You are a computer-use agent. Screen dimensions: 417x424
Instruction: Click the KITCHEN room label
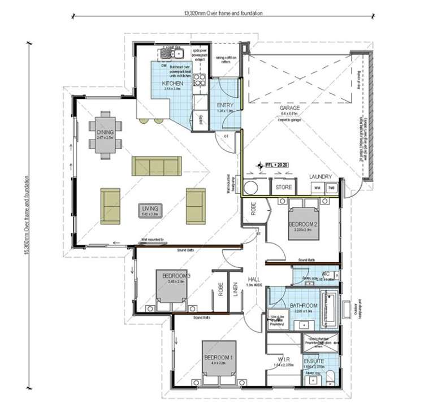click(172, 84)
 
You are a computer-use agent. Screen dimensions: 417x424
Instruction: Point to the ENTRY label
click(225, 105)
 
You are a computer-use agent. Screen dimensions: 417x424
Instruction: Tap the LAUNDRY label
click(321, 177)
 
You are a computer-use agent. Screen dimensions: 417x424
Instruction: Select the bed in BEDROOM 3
click(172, 286)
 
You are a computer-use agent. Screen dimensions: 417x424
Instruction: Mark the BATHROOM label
click(304, 306)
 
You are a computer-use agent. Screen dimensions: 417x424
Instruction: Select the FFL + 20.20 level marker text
click(278, 165)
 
